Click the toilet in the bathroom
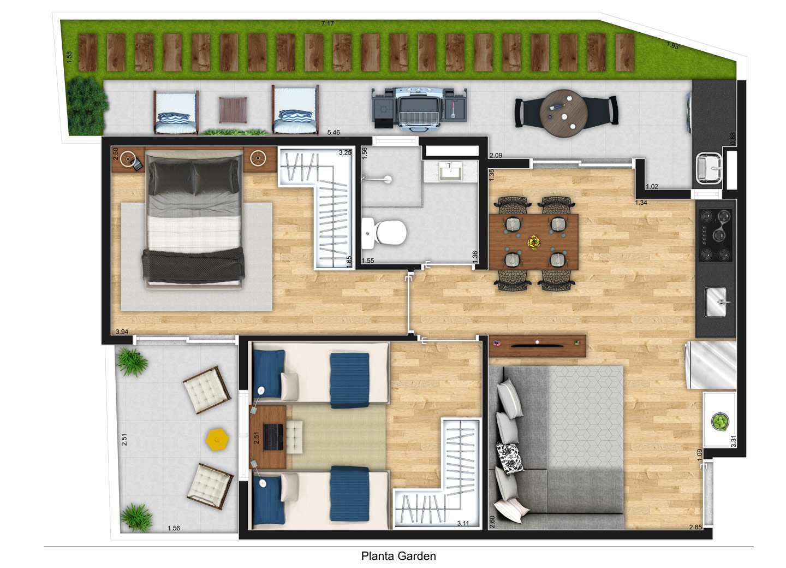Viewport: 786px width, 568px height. [384, 232]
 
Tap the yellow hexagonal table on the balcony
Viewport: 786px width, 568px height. [218, 438]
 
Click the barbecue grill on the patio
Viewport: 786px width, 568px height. [420, 110]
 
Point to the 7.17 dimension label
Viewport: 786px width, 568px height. [327, 23]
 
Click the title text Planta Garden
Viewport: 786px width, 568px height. [398, 556]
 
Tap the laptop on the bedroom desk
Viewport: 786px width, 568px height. [273, 437]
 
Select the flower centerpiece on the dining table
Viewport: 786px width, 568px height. [534, 242]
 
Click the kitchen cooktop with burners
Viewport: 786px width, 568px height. [715, 235]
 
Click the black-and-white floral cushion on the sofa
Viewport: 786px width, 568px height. [509, 458]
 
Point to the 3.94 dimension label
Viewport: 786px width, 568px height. [122, 332]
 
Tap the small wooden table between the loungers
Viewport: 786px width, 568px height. [233, 110]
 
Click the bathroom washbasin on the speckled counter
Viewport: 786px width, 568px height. [450, 171]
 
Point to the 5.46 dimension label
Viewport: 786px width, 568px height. [334, 132]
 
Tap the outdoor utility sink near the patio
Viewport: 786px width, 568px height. [709, 168]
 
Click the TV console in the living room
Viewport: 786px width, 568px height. [537, 346]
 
